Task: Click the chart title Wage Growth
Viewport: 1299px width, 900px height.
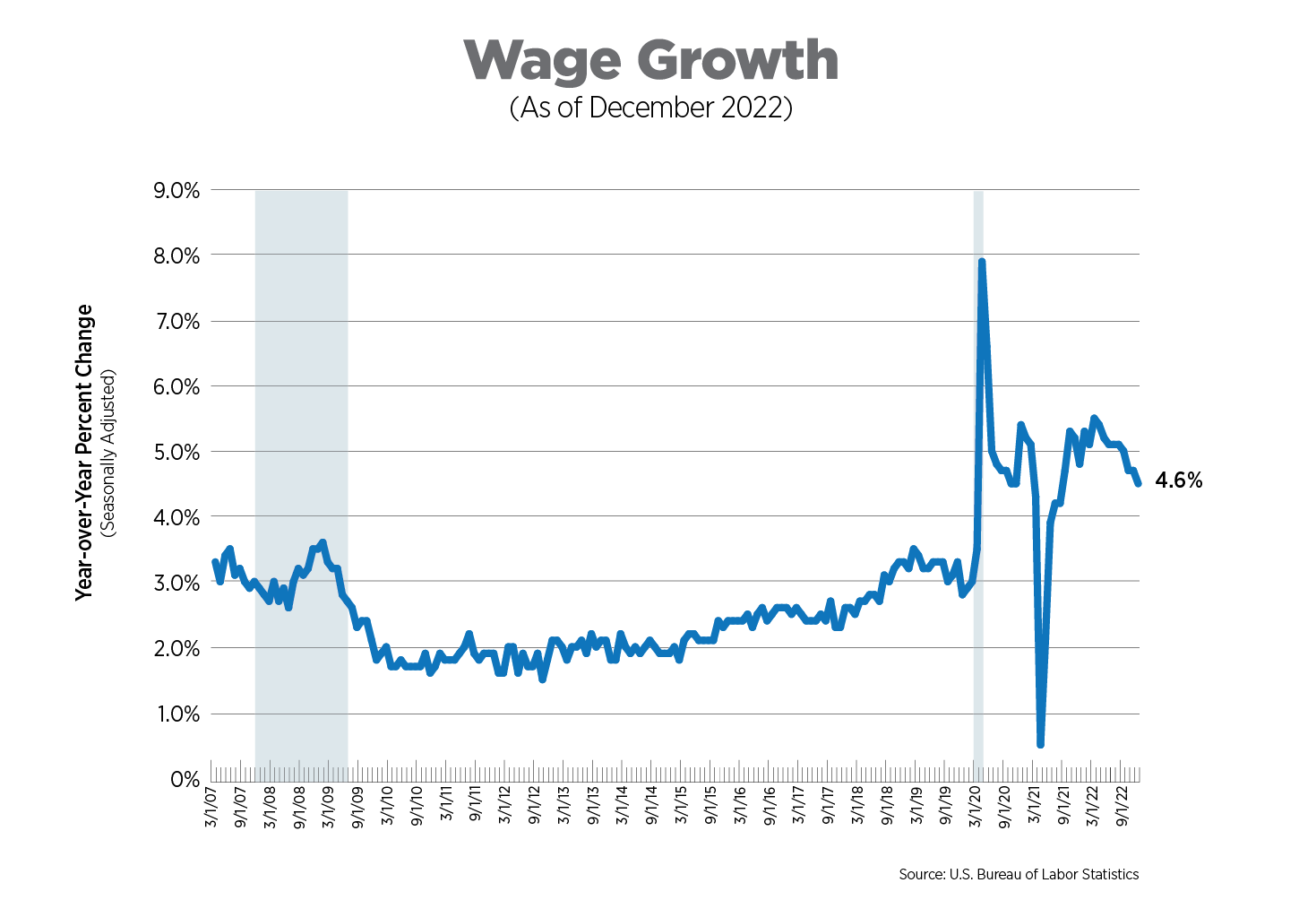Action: [650, 61]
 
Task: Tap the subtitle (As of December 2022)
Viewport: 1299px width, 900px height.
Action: [650, 108]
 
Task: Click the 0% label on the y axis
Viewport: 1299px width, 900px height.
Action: [184, 780]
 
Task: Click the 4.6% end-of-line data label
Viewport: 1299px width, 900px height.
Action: [1178, 480]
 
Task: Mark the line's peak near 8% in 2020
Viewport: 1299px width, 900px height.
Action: [982, 262]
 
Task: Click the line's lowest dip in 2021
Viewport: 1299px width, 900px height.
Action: [1040, 744]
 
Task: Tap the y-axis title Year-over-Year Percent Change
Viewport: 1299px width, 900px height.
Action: [84, 452]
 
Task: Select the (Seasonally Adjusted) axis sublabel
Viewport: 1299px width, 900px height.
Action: [108, 452]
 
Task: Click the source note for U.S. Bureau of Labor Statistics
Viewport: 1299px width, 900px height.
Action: [1019, 874]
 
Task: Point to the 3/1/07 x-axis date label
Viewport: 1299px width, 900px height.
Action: [211, 808]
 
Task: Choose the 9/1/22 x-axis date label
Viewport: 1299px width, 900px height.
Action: [1122, 808]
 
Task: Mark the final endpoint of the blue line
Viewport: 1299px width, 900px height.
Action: [1139, 484]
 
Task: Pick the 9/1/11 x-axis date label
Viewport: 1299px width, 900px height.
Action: [475, 808]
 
